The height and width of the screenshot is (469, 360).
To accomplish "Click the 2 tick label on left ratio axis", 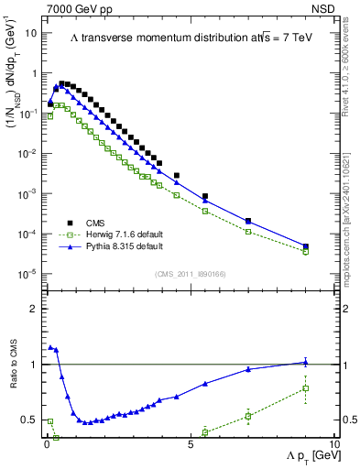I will pyautogui.click(x=34, y=309).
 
